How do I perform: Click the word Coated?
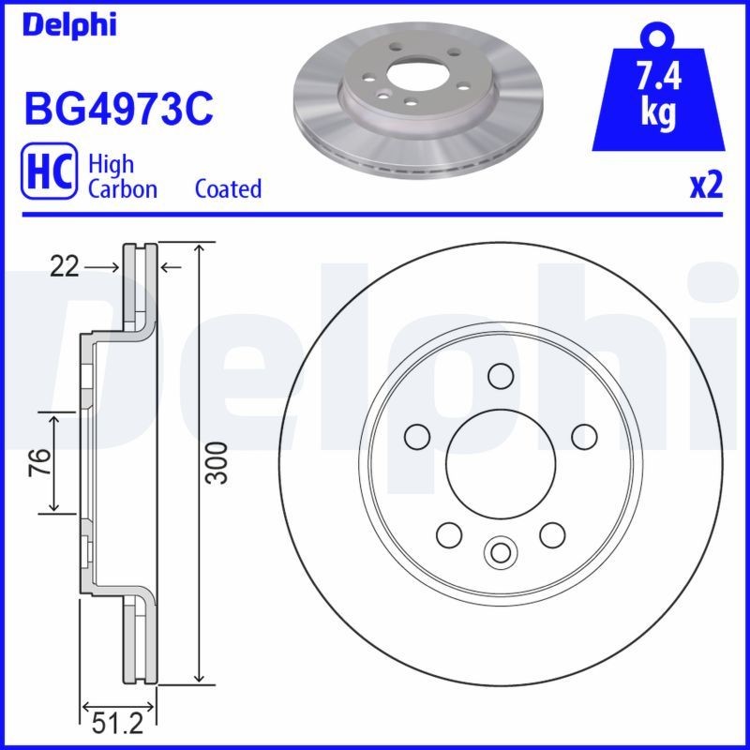pos(228,188)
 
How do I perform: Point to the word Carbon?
pos(122,188)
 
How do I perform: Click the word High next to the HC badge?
pos(111,163)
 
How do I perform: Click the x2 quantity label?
pos(706,187)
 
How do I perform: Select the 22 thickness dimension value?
pos(65,267)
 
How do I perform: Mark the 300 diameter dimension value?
pos(217,463)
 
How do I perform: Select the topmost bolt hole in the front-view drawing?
pos(500,375)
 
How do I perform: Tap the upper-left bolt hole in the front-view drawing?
pos(416,435)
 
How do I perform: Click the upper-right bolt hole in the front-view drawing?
pos(583,435)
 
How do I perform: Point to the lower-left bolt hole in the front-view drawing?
pos(449,534)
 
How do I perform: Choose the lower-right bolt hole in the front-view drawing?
pos(551,534)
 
